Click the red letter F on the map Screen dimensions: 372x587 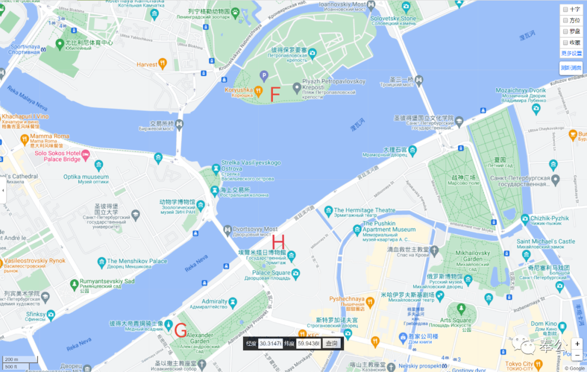[x=275, y=93]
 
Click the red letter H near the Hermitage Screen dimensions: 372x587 [x=278, y=241]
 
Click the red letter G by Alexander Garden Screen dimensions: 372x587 [x=181, y=330]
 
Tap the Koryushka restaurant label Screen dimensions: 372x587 [x=239, y=90]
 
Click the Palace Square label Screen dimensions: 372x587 [x=271, y=272]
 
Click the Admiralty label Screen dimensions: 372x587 [x=214, y=301]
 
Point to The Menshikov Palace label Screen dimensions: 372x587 [x=138, y=261]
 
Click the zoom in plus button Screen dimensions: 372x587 [x=577, y=344]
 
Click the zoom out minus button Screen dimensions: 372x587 [x=577, y=356]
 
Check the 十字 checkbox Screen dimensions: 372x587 [x=566, y=10]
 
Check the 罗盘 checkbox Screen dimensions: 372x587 [x=566, y=32]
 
